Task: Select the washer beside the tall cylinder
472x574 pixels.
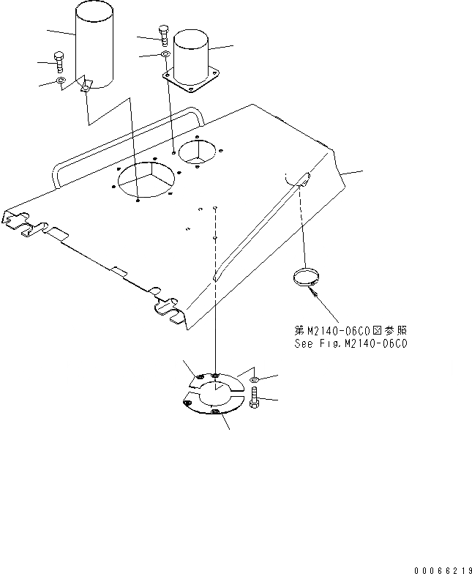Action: tap(61, 80)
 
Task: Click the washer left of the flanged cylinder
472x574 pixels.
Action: tap(165, 55)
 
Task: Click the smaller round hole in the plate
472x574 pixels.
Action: tap(197, 151)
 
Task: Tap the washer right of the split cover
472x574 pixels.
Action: tap(253, 381)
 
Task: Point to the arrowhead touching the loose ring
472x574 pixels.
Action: tap(312, 291)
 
